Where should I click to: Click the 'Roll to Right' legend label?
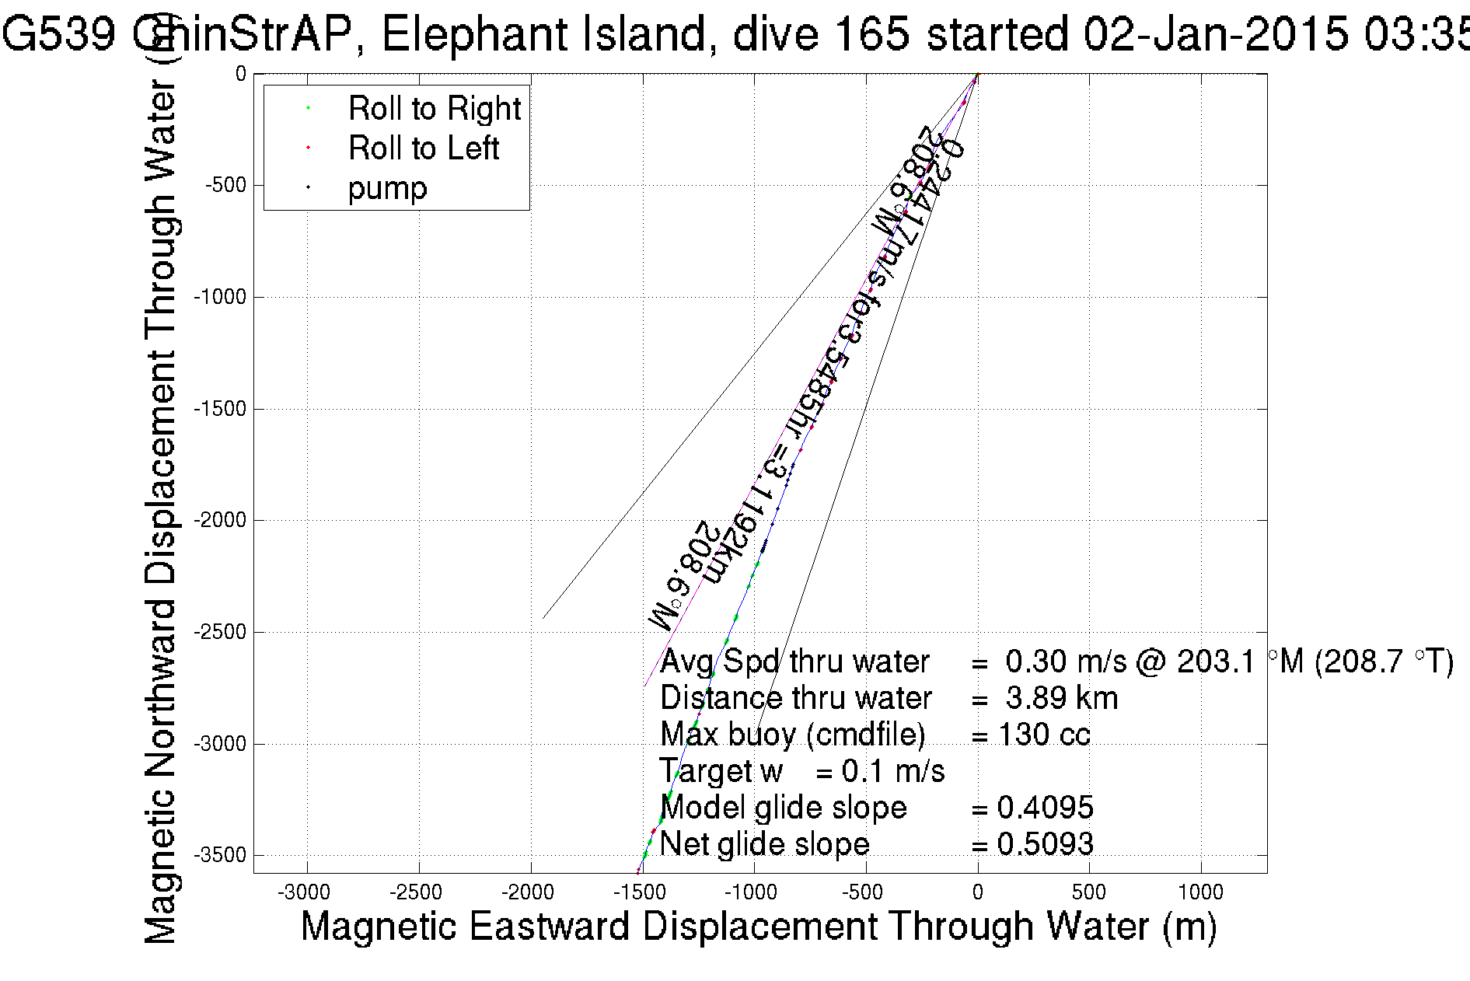point(434,109)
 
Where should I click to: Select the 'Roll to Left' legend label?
point(423,148)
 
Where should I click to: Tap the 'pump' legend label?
point(387,189)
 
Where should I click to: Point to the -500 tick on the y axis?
point(226,186)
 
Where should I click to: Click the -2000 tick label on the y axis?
point(220,520)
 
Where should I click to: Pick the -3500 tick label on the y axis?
point(220,856)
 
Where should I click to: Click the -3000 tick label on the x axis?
point(307,892)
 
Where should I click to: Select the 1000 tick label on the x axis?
point(1201,892)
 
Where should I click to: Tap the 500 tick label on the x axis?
point(1089,892)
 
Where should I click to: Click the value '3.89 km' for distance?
point(1062,698)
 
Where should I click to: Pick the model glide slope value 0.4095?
point(1045,808)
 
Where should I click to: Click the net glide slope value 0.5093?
point(1045,844)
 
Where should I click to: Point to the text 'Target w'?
point(721,771)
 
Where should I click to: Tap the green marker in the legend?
point(309,108)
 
